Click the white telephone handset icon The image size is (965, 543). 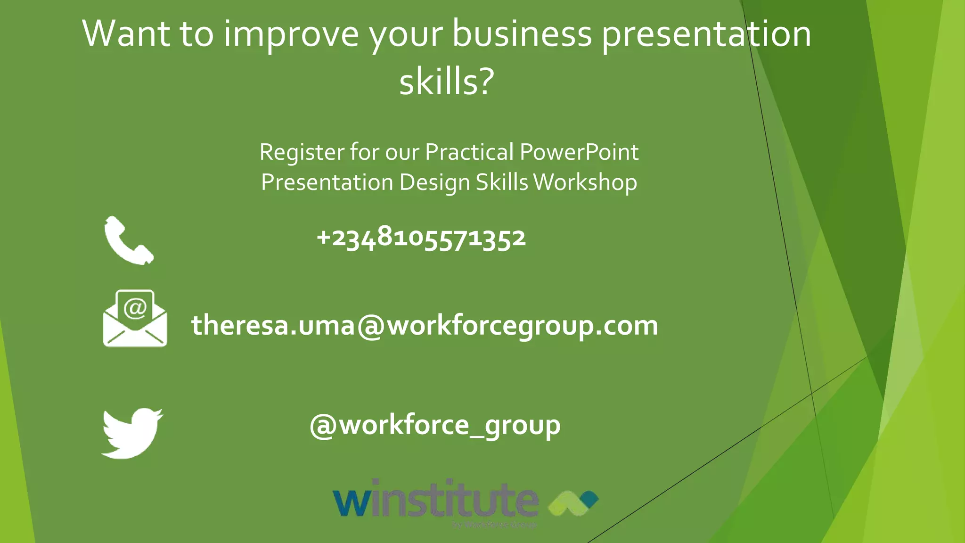[x=128, y=240]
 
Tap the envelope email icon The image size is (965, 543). [x=135, y=319]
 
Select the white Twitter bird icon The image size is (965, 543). [x=132, y=433]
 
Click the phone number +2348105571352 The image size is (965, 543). [x=421, y=238]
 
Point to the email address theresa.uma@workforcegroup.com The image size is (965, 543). [x=425, y=325]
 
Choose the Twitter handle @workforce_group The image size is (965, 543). [x=435, y=425]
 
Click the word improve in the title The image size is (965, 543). [x=291, y=34]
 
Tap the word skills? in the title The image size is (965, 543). [x=446, y=81]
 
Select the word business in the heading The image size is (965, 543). [x=522, y=34]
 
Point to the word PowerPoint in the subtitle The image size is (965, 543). [x=579, y=152]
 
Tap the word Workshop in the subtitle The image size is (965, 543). [x=585, y=182]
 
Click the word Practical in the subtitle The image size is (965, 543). [x=469, y=152]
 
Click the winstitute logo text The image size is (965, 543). [x=435, y=499]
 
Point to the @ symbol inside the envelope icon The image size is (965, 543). [x=135, y=309]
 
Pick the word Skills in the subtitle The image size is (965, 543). [x=502, y=182]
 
